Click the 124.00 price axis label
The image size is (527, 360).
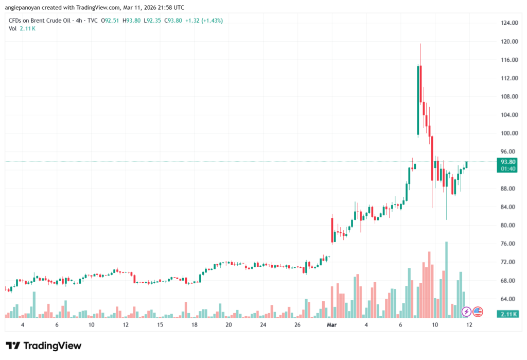click(508, 23)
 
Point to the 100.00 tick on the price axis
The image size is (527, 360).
click(508, 133)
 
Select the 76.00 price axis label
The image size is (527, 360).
click(508, 244)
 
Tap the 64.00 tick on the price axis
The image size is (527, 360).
click(508, 299)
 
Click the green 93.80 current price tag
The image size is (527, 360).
click(508, 161)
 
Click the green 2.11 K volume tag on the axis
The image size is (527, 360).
click(508, 314)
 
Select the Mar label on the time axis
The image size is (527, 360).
click(332, 325)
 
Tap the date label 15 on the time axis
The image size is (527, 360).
click(160, 325)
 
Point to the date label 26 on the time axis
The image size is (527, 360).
click(297, 325)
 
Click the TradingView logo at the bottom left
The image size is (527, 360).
click(43, 346)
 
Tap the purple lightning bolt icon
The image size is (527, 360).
click(466, 311)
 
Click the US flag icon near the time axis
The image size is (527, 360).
click(478, 311)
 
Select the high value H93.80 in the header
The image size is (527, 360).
click(120, 21)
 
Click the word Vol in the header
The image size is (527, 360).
click(13, 28)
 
